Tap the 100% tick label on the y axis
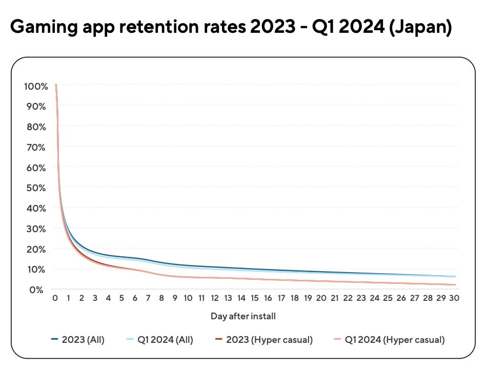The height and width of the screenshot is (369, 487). tap(36, 86)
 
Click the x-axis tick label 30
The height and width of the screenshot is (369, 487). tap(454, 298)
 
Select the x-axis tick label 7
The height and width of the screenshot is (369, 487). tap(148, 298)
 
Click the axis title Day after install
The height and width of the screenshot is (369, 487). tap(243, 316)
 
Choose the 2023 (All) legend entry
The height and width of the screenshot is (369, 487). tap(77, 339)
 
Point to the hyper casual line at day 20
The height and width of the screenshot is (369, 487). tap(321, 280)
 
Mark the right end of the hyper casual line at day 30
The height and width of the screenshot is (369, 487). tap(454, 284)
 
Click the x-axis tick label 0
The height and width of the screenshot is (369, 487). tap(55, 298)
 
